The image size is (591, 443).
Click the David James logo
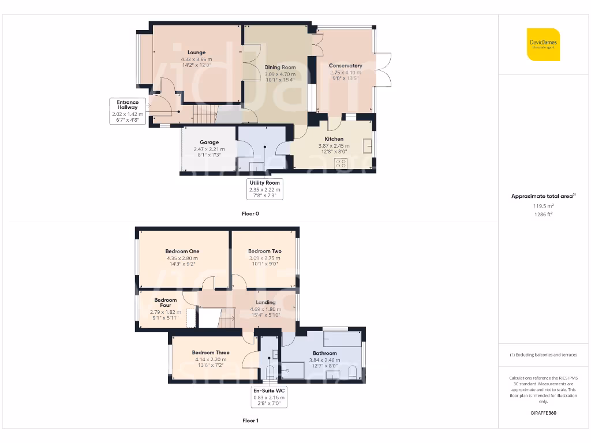pos(544,44)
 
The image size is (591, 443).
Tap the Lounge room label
pos(196,52)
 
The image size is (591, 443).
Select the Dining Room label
pos(280,67)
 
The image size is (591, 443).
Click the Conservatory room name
pos(345,66)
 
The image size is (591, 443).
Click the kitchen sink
pos(368,147)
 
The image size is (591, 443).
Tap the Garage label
pos(209,142)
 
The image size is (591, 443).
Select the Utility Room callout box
pos(264,189)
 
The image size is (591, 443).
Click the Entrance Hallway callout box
pos(128,111)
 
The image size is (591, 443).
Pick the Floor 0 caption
pos(250,213)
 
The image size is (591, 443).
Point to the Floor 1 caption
pos(250,421)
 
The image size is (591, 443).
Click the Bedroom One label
pos(182,251)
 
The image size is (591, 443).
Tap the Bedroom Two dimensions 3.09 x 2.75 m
pos(264,258)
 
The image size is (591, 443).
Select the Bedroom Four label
pos(166,303)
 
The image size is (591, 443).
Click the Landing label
pos(266,302)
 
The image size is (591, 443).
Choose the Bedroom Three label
pos(211,352)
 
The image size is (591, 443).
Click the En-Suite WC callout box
pos(270,397)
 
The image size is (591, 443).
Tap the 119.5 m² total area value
pos(543,205)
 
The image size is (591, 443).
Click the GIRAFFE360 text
pos(543,413)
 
